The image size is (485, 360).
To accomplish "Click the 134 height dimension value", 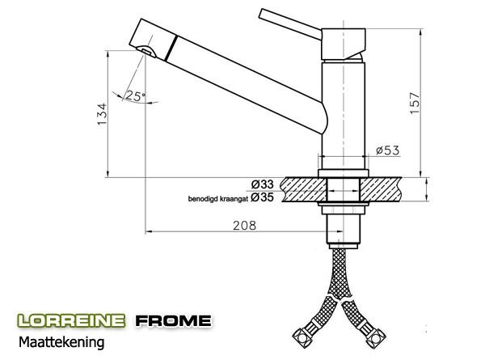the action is coord(102,114).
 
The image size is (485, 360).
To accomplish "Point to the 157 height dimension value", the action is coord(415,103).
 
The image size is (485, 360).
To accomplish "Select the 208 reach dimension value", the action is coord(244,226).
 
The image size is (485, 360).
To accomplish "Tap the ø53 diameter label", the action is coord(387,150).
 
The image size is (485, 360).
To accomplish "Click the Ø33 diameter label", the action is coord(262,184).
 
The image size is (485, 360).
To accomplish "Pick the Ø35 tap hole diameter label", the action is coord(262,197).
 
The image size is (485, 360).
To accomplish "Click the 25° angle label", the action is coord(135,96).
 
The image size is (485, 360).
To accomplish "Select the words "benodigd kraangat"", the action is coord(218,199).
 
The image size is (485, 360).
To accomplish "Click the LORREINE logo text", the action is coord(71,320).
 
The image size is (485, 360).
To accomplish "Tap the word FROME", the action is coord(174,320).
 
